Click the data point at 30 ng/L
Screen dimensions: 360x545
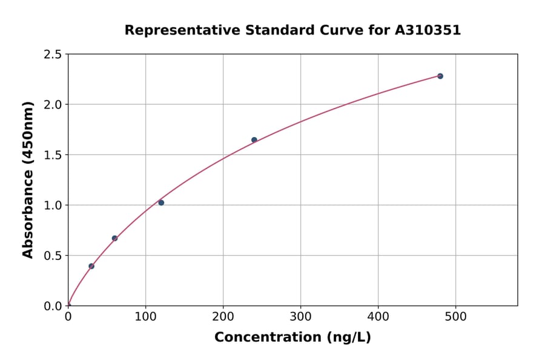click(91, 266)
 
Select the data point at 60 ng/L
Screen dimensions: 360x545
click(114, 238)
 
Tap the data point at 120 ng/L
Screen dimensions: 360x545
click(161, 202)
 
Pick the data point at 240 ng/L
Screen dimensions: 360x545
click(254, 140)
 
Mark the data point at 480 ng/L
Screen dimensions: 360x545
click(440, 76)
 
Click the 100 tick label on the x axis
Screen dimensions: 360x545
click(145, 317)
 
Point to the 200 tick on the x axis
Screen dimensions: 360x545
click(223, 317)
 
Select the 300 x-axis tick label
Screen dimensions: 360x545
click(300, 317)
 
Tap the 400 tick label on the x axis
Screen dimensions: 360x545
click(378, 317)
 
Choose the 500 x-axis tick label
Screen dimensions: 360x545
click(455, 317)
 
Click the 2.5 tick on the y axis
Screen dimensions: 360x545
click(53, 55)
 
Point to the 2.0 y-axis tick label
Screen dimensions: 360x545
click(53, 105)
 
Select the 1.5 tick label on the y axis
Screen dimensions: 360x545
click(53, 155)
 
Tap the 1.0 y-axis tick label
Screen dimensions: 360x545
click(53, 205)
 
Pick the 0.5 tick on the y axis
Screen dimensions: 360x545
click(53, 256)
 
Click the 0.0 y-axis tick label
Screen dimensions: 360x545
click(53, 306)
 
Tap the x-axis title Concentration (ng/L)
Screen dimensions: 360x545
click(292, 338)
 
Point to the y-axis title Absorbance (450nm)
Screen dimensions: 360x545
click(28, 179)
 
